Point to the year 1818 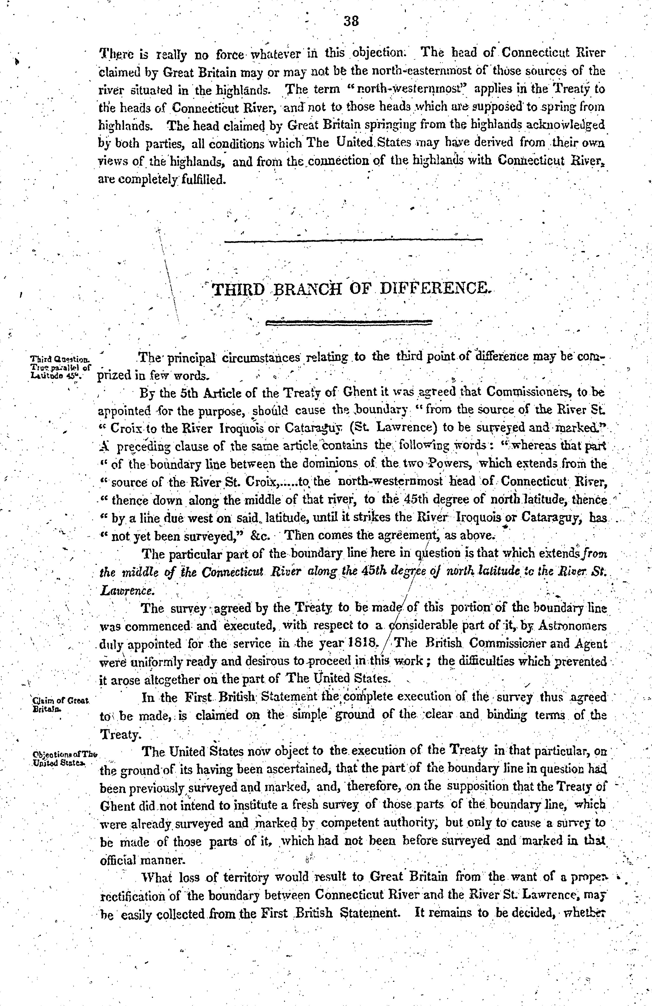tap(361, 643)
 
